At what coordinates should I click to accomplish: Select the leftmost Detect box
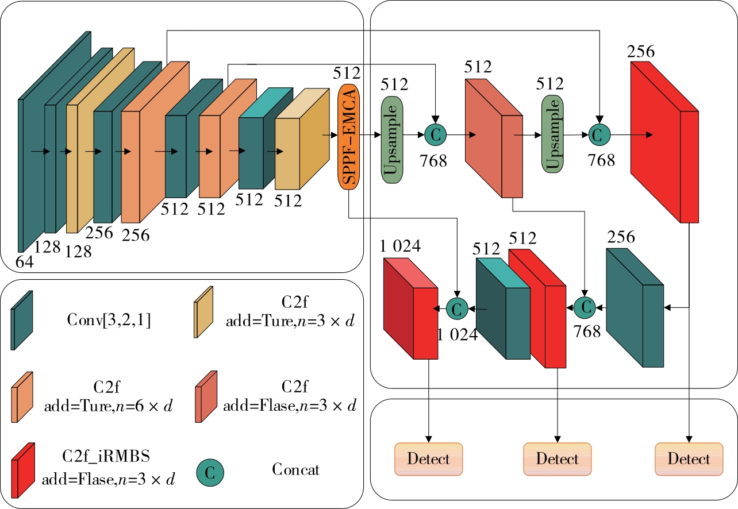coord(428,459)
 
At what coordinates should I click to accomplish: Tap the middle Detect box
coord(557,459)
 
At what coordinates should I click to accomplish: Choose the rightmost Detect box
coord(689,459)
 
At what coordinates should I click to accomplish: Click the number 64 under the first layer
coord(25,262)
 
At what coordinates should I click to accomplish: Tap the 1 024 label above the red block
coord(400,246)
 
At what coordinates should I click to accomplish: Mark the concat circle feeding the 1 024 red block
coord(458,309)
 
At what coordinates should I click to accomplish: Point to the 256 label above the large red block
coord(641,52)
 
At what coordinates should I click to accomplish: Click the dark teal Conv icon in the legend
coord(21,319)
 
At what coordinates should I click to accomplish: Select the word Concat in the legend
coord(295,469)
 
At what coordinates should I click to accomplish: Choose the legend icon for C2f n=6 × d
coord(22,396)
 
